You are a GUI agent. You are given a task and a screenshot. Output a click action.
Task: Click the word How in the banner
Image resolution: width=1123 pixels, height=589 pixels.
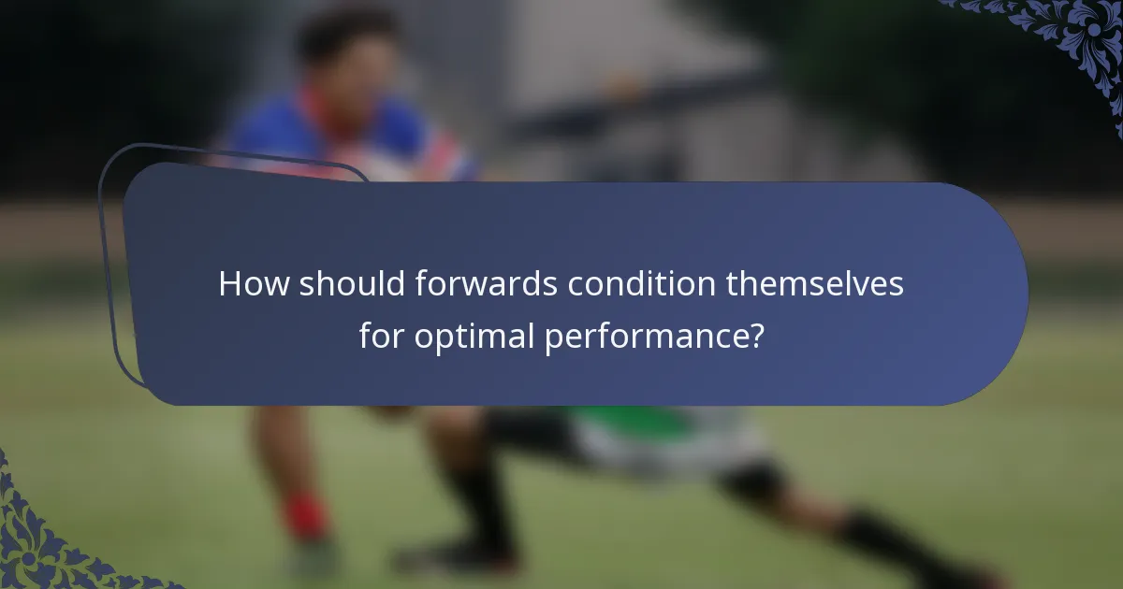click(254, 284)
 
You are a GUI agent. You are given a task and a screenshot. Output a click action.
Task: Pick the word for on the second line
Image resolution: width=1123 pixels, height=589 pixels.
click(381, 335)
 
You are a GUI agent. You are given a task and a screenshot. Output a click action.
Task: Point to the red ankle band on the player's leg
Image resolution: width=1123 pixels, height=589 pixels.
click(305, 517)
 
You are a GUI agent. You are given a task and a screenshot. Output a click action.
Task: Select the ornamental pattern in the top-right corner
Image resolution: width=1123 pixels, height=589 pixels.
click(1067, 37)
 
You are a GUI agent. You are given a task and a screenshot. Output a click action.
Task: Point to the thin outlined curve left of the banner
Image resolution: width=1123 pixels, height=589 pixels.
click(109, 280)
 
